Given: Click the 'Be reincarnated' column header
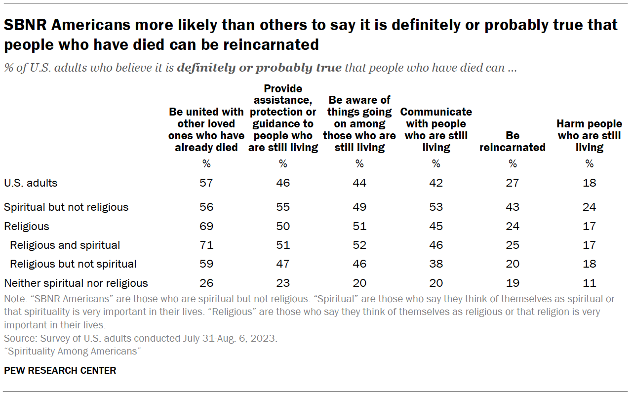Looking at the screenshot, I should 512,141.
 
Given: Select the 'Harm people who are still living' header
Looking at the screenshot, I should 589,135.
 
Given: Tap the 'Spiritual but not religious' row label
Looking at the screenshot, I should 66,207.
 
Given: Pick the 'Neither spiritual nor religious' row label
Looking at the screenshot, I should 76,283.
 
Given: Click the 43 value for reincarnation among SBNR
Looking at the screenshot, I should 513,207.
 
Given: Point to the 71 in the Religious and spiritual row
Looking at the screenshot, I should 206,245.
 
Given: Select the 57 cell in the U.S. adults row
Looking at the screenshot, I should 206,183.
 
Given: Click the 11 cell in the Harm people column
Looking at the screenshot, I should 589,283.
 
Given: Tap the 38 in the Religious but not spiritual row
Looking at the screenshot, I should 436,264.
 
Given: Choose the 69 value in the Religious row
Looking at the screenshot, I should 206,226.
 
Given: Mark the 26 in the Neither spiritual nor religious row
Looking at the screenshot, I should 206,283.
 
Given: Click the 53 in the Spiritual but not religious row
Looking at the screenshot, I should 436,207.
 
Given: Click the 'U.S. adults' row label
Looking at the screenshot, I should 31,183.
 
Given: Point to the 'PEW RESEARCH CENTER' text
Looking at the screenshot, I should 60,370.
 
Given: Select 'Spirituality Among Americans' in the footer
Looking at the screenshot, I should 73,351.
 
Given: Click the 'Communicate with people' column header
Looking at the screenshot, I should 436,129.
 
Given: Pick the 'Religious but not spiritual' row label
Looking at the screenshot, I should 73,264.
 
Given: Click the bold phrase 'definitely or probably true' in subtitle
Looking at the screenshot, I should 259,68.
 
